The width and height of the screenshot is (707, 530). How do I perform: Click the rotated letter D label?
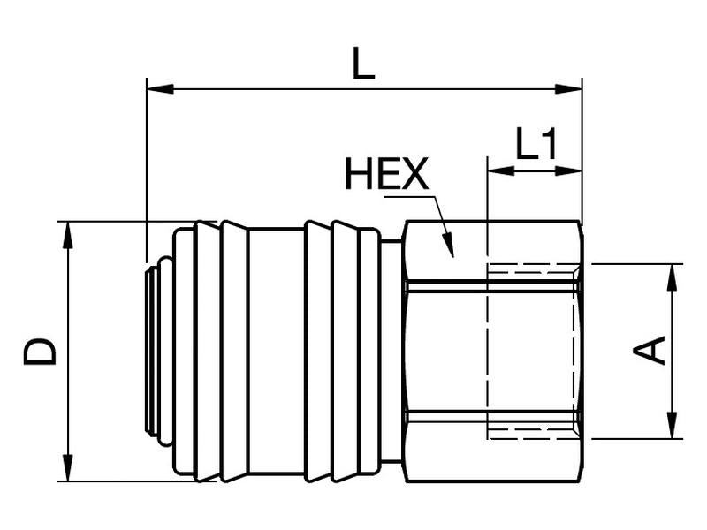(x=41, y=351)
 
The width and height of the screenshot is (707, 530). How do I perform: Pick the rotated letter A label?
(x=650, y=350)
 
